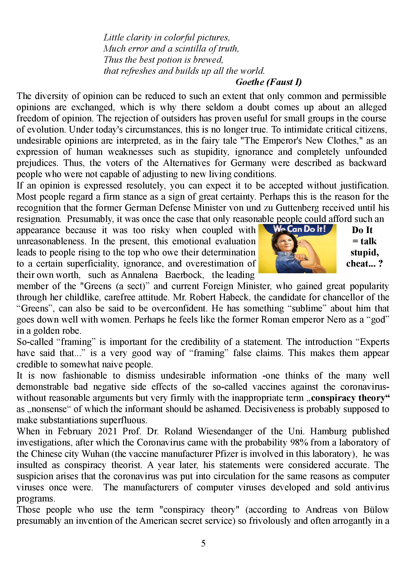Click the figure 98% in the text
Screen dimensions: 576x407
tap(299, 443)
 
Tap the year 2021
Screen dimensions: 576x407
tap(107, 431)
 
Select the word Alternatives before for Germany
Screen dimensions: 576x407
tap(186, 163)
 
